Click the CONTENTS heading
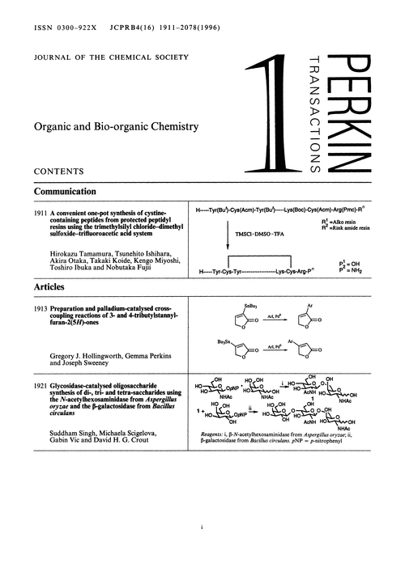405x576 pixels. click(57, 172)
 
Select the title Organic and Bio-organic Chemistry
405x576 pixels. click(110, 126)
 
